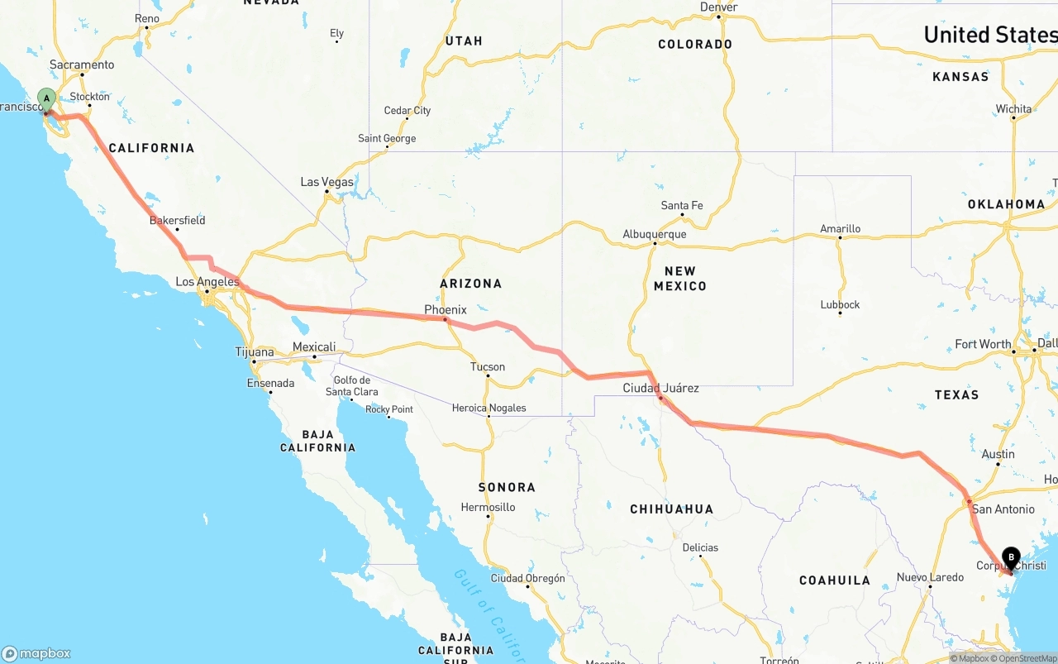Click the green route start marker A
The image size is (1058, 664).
tap(46, 98)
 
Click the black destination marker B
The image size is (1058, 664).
tap(1011, 557)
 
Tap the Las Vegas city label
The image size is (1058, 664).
tap(326, 182)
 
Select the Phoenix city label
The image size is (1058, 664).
tap(446, 310)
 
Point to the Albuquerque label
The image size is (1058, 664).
tap(655, 235)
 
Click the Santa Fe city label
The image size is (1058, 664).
tap(682, 205)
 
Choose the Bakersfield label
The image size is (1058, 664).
tap(177, 221)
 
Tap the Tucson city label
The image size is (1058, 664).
tap(488, 367)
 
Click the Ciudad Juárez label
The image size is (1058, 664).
tap(660, 388)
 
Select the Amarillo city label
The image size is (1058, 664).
tap(840, 229)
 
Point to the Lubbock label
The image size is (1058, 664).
tap(840, 305)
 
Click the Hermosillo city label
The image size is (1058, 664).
tap(488, 508)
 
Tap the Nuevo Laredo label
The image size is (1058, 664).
tap(930, 577)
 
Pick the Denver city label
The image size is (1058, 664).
tap(718, 7)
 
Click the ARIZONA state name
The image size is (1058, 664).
tap(470, 284)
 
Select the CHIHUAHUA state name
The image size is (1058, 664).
tap(671, 509)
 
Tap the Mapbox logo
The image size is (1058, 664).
tap(36, 653)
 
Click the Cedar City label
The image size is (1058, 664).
tap(407, 111)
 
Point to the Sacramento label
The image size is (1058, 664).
tap(82, 64)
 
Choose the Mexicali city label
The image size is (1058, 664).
tap(314, 347)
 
